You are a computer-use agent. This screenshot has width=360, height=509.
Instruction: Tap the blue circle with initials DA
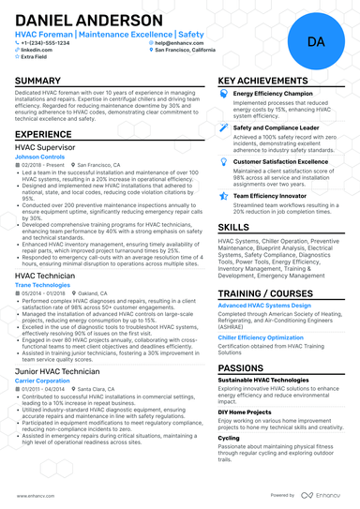click(x=315, y=43)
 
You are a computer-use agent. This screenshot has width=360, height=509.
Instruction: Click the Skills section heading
click(x=233, y=227)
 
